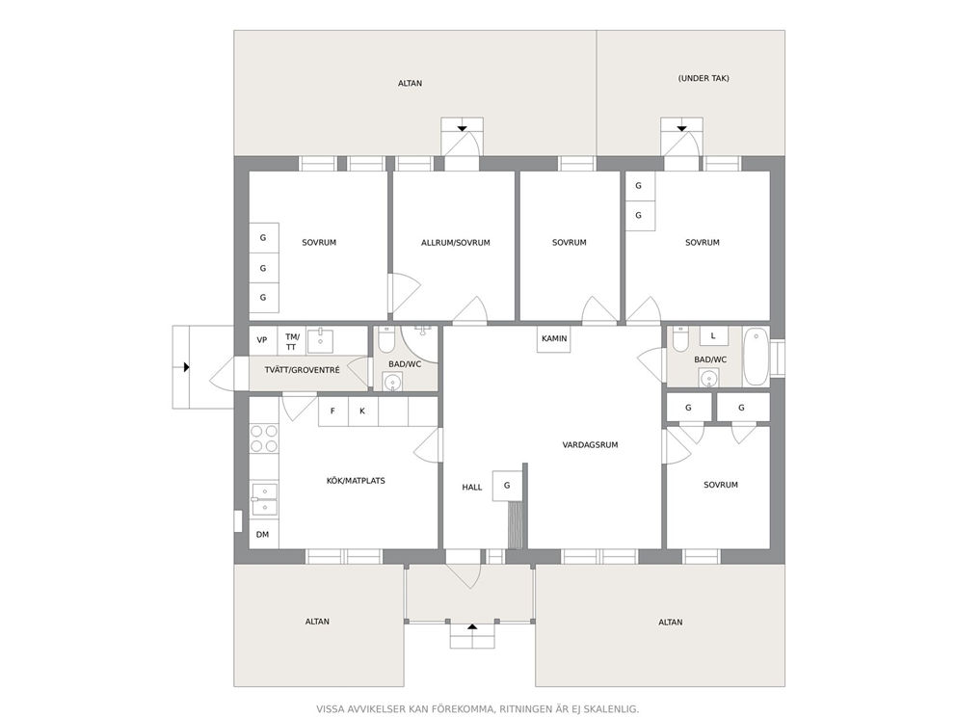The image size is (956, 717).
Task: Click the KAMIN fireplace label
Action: click(x=554, y=338)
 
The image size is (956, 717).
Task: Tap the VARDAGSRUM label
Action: click(x=590, y=445)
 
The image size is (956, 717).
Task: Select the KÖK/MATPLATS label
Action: click(x=356, y=481)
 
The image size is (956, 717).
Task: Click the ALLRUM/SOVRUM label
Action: click(x=456, y=243)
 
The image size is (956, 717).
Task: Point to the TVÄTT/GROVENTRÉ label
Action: click(x=303, y=370)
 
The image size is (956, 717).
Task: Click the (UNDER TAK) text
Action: click(x=704, y=78)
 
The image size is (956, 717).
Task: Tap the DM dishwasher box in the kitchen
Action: click(x=263, y=534)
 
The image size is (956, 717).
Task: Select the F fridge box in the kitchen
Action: click(x=332, y=412)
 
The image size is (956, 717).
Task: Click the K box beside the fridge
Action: click(x=362, y=412)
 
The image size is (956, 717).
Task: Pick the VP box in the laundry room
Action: click(x=263, y=340)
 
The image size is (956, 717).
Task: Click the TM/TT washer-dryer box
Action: click(x=292, y=341)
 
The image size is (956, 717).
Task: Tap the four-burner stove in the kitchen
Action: click(x=264, y=438)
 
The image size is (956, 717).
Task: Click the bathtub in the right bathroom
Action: click(x=756, y=357)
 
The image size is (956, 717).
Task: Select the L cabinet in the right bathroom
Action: click(x=713, y=335)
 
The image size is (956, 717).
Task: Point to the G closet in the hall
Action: click(x=507, y=486)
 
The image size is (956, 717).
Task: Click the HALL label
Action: click(x=472, y=487)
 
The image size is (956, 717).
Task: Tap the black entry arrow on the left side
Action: click(x=187, y=367)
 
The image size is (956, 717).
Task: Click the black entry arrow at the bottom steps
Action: click(x=472, y=626)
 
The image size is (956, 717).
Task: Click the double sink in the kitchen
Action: click(x=264, y=499)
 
